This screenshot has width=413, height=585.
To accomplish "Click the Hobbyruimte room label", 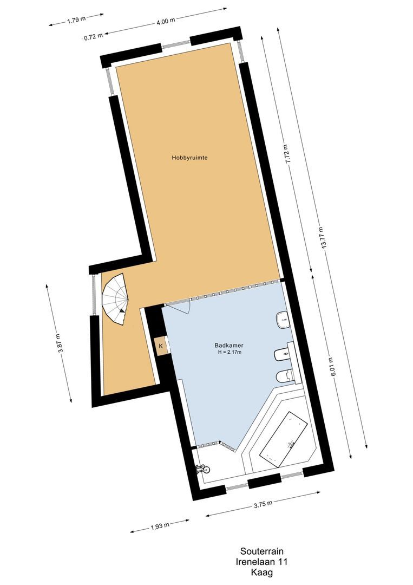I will (x=190, y=158).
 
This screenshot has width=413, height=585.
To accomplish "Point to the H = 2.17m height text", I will (x=227, y=353).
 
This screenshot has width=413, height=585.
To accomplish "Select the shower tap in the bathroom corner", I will (x=202, y=467).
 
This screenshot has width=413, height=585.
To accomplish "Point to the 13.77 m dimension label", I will (x=323, y=237).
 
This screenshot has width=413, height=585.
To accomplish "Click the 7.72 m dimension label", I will (x=287, y=154).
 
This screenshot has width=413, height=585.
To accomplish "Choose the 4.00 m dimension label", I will (x=166, y=21).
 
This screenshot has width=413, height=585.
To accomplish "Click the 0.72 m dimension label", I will (x=93, y=37).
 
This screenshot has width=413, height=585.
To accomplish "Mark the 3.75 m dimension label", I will (x=263, y=504).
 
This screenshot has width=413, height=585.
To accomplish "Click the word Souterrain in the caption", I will (x=261, y=552).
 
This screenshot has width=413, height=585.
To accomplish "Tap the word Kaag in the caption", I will (x=261, y=572).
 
